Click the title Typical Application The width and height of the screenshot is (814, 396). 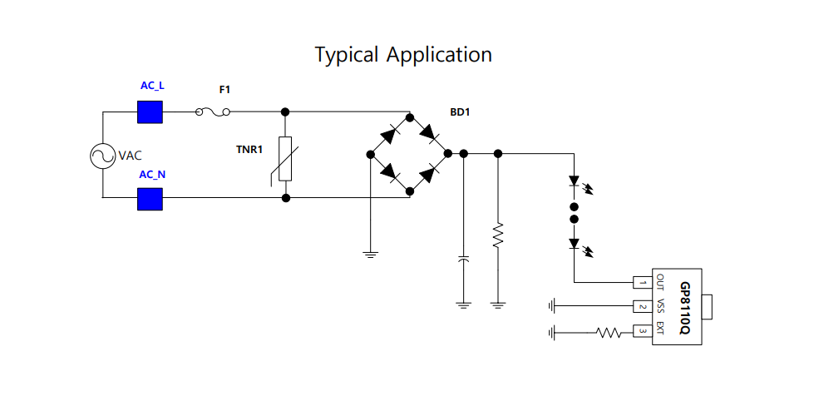tap(403, 55)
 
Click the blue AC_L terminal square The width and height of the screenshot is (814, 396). tap(150, 111)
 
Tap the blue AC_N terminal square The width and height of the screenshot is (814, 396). tap(150, 199)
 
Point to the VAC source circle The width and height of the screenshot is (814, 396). tap(103, 156)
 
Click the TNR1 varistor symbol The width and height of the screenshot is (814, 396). tap(285, 159)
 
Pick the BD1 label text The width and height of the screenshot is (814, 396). tap(461, 111)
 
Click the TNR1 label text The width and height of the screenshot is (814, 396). tap(249, 150)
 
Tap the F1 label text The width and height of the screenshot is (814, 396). tap(224, 89)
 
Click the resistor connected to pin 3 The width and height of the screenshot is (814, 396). tap(609, 334)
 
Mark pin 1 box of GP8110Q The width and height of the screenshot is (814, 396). tap(641, 283)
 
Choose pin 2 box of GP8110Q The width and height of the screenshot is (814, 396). tap(641, 306)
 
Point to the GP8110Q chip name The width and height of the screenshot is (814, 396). tap(684, 308)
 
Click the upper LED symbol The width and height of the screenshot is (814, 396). tap(574, 181)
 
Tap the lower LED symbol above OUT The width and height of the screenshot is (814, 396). tap(574, 244)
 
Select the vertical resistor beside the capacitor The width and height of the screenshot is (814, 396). tap(498, 235)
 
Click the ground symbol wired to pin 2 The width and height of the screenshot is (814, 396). tap(551, 306)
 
